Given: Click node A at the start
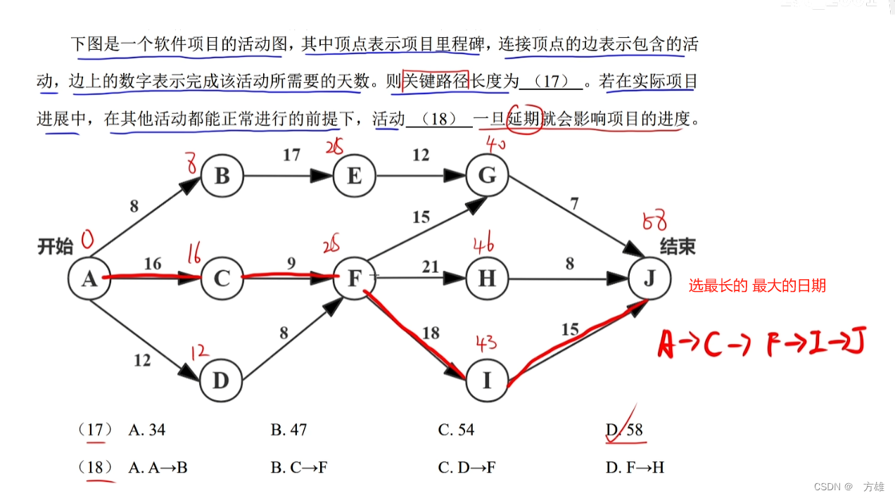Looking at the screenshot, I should point(89,279).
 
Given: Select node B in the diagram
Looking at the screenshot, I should point(222,176).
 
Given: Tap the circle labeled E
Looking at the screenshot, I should point(354,176).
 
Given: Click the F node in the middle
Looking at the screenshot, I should point(354,279).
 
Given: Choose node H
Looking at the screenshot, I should point(487,279).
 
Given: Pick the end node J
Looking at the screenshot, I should point(649,279).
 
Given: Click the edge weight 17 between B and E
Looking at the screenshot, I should point(291,155).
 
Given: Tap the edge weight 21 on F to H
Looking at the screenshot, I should point(431,267).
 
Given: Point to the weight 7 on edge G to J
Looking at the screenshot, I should point(575,205).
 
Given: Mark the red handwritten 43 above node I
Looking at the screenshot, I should point(485,343).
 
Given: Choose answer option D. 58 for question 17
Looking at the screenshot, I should point(625,430).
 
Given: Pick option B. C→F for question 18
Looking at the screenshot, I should point(299,467).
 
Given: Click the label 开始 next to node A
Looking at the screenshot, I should point(55,246).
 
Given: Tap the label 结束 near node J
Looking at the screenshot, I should point(678,246).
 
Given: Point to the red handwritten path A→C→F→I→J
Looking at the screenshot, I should point(761,344).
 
